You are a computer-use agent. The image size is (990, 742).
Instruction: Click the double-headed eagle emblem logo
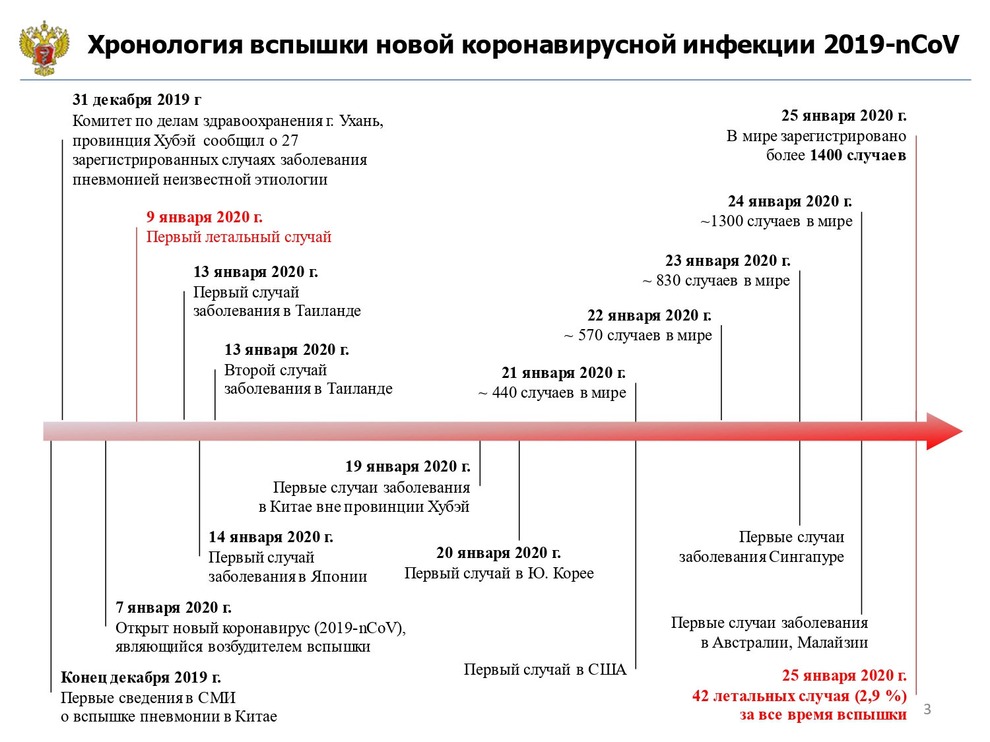click(x=44, y=47)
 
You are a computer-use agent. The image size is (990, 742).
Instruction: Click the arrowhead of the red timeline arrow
click(x=944, y=431)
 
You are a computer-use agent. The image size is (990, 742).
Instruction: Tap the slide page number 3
click(x=927, y=710)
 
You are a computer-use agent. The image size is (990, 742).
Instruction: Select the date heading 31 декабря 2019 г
click(x=137, y=100)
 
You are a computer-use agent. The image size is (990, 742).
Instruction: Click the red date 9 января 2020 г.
click(x=205, y=217)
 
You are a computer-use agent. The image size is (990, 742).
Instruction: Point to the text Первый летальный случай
click(x=239, y=237)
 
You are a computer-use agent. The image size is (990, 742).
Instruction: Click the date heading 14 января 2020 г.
click(x=271, y=537)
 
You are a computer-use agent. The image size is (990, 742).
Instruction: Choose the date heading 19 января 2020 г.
click(x=408, y=466)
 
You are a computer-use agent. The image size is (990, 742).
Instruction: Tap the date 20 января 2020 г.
click(x=498, y=552)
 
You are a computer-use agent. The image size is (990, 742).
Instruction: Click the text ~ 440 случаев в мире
click(x=552, y=392)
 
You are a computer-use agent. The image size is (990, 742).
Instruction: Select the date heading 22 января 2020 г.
click(x=649, y=315)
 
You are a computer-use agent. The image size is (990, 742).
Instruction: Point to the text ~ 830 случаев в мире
click(x=716, y=280)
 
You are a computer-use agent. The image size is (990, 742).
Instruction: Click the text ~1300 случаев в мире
click(x=776, y=221)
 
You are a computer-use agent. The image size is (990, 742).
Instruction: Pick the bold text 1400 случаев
click(x=858, y=156)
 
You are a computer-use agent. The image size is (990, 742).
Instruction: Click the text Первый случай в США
click(x=545, y=669)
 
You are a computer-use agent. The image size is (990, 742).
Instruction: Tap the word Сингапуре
click(x=806, y=557)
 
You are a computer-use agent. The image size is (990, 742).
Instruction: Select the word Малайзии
click(x=833, y=642)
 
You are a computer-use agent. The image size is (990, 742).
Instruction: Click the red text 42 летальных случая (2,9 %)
click(x=799, y=696)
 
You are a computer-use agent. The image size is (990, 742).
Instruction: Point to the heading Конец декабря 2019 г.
click(x=141, y=677)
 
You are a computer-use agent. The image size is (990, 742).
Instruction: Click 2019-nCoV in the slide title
click(x=891, y=45)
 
